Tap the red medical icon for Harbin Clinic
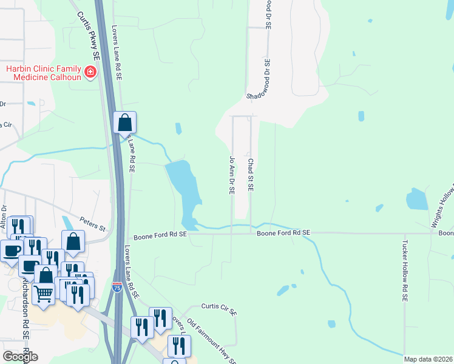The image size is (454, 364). pos(90,73)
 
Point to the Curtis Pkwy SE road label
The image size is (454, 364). pos(89,35)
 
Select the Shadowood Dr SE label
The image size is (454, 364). pos(266,79)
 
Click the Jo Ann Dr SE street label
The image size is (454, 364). pos(231,175)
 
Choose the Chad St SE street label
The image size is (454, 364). pos(250,175)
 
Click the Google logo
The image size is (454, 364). pos(20,357)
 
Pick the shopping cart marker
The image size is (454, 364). pos(44,293)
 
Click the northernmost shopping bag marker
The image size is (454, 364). pos(124,122)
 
